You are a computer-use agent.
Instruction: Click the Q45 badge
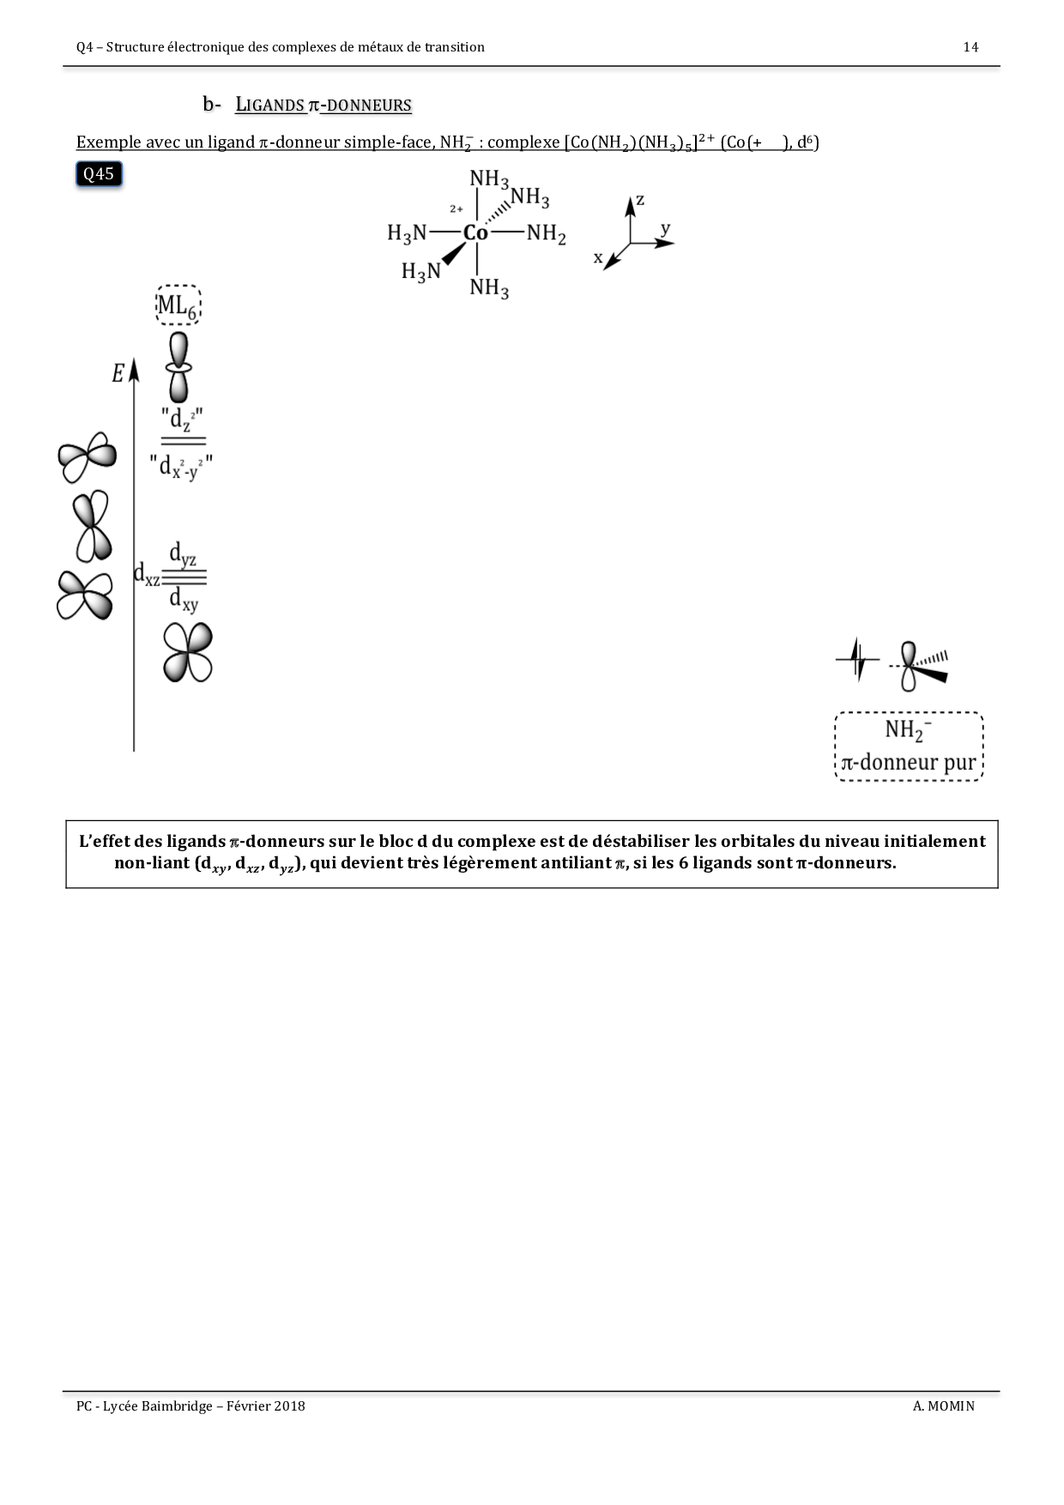click(99, 174)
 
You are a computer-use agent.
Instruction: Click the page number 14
click(970, 47)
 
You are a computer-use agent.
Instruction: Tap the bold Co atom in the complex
click(475, 233)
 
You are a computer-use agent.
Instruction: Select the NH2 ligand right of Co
click(546, 233)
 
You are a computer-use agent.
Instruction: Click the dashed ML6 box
click(178, 305)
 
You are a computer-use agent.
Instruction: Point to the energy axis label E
click(118, 373)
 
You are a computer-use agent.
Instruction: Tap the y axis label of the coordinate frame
click(666, 228)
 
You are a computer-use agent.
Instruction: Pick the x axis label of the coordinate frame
click(598, 257)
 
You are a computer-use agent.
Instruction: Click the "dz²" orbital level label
click(182, 420)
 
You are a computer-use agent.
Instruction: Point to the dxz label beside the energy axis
click(147, 574)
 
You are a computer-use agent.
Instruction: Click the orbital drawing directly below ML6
click(178, 366)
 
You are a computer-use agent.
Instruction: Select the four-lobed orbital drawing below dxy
click(188, 652)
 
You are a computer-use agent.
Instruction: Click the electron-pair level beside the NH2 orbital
click(857, 659)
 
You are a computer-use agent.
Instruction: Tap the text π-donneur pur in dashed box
click(909, 763)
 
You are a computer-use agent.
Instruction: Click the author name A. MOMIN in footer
click(944, 1405)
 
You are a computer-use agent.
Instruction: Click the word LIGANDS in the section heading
click(269, 106)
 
